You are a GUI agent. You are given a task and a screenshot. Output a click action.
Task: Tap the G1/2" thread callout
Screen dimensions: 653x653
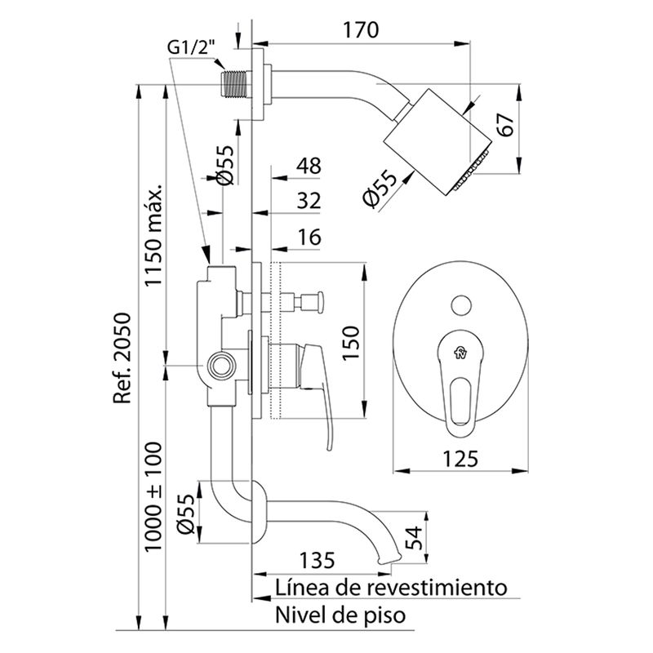(x=193, y=47)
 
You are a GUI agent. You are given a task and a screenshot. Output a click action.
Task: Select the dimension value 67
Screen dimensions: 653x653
(x=506, y=127)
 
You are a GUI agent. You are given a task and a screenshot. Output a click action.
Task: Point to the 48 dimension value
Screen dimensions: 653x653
(x=309, y=166)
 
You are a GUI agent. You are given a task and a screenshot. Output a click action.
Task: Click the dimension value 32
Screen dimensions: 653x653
(x=309, y=201)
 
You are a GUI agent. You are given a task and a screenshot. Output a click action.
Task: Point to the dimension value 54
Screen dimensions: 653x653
(x=415, y=539)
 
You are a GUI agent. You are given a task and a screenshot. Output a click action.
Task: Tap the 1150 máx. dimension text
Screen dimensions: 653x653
(x=155, y=235)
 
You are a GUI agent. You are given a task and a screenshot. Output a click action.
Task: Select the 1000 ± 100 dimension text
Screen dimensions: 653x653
(x=155, y=497)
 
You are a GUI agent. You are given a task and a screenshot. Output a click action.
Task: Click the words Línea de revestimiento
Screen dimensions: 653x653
(x=391, y=587)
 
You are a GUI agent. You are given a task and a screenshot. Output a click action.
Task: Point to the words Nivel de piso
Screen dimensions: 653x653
(x=339, y=614)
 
